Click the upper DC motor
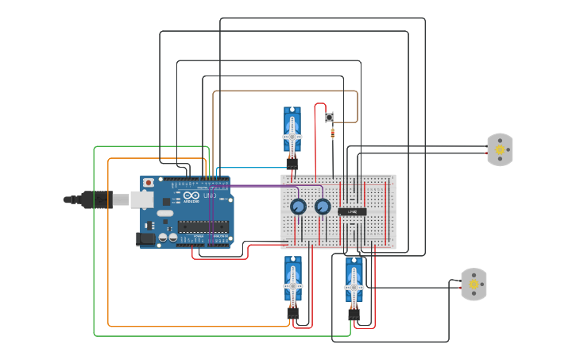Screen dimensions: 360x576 point(500,149)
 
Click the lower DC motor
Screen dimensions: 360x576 point(474,284)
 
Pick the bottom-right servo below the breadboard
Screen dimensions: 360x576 point(354,285)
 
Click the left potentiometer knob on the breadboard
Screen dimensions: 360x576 point(298,207)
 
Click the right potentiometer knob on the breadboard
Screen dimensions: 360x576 point(323,207)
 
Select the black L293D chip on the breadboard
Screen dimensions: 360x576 point(352,211)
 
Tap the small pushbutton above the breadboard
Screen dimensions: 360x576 point(329,117)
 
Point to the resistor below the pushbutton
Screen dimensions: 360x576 point(332,133)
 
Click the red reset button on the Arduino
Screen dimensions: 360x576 point(147,183)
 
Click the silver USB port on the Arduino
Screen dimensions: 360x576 point(141,199)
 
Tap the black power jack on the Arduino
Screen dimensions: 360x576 point(145,238)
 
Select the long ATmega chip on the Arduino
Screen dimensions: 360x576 point(203,226)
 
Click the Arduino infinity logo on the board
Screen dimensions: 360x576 point(191,195)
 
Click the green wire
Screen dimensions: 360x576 point(95,238)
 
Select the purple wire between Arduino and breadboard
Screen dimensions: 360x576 point(254,186)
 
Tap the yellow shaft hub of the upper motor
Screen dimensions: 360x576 point(500,149)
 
